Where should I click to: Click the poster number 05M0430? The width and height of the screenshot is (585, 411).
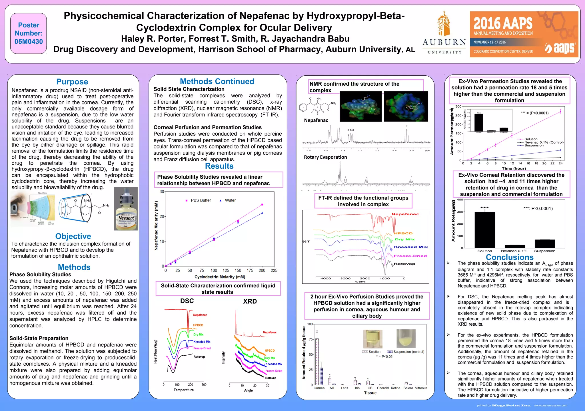point(29,42)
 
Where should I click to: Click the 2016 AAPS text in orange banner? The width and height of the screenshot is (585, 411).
point(503,23)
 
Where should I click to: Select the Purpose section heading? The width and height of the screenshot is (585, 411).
point(72,82)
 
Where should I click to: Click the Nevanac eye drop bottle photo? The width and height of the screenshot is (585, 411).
point(126,209)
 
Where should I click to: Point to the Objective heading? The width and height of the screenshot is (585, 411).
point(73,236)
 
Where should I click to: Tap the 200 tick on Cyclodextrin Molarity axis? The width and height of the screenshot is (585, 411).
point(262,270)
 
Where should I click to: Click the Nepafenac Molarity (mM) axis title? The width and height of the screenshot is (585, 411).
point(156,226)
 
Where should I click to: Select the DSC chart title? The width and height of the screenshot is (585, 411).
point(187,301)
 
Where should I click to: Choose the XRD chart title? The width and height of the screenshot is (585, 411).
point(250,301)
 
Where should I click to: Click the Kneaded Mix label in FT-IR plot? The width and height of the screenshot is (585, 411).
point(411,247)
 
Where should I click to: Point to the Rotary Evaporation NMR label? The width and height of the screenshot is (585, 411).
point(325,157)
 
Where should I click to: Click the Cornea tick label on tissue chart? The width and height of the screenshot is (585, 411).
point(319,388)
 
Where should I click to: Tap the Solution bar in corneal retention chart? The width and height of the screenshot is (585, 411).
point(484,230)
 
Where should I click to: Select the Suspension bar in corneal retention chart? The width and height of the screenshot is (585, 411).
point(544,244)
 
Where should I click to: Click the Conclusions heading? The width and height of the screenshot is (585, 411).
point(510,257)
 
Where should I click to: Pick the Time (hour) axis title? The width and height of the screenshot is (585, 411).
point(514,168)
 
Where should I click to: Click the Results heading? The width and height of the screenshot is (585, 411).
point(219,166)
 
